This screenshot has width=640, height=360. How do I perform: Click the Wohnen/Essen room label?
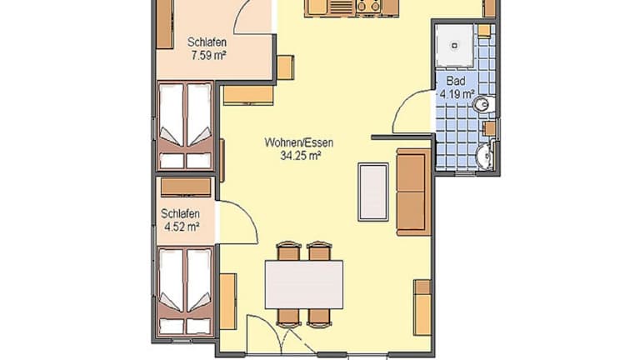tap(299, 142)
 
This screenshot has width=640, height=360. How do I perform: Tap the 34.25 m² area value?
tap(300, 156)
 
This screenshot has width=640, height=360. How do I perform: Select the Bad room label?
tap(456, 80)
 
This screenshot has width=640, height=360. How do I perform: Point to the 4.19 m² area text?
tap(457, 94)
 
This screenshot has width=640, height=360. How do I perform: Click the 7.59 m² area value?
tap(208, 56)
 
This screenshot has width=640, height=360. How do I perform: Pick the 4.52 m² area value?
tap(182, 227)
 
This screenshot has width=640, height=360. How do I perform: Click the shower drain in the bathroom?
tap(454, 46)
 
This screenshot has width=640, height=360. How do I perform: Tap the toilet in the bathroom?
tap(484, 105)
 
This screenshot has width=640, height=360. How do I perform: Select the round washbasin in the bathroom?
tap(485, 155)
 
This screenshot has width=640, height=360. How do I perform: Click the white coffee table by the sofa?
tap(373, 192)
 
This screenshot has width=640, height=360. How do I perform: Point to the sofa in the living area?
tap(413, 192)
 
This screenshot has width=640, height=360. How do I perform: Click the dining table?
tap(304, 284)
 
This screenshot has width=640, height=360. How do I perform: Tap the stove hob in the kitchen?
tap(368, 7)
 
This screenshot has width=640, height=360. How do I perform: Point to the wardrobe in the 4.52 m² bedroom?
tap(186, 187)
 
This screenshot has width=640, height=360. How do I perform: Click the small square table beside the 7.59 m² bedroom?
tap(285, 67)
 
